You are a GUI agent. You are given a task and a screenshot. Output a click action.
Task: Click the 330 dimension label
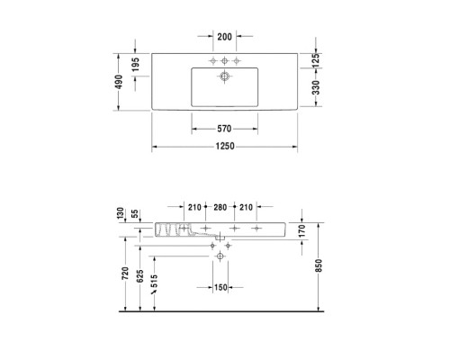pyautogui.click(x=316, y=88)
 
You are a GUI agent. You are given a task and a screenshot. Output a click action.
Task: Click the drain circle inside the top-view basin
pyautogui.click(x=221, y=77)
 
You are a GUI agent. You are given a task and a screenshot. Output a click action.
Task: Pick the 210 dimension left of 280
pyautogui.click(x=194, y=207)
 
